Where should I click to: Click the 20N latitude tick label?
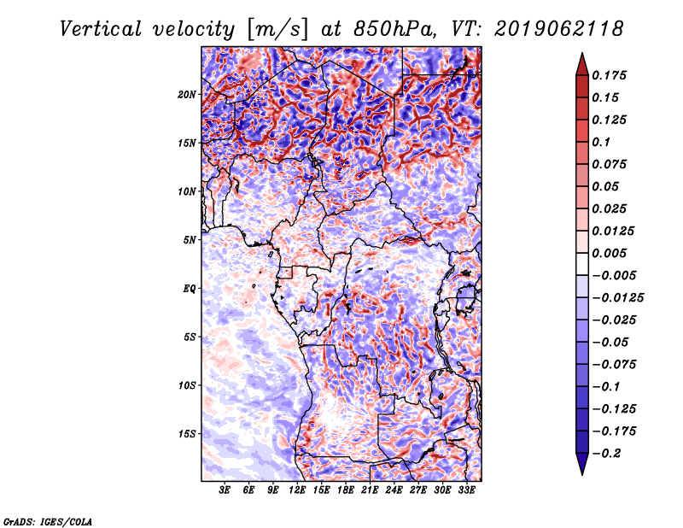[187, 95]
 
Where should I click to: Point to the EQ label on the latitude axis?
[189, 289]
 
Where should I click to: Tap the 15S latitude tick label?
[187, 434]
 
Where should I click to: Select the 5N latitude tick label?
[190, 240]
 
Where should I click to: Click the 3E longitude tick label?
[225, 490]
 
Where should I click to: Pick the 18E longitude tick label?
[346, 490]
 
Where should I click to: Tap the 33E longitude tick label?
[466, 490]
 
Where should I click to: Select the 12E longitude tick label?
[297, 490]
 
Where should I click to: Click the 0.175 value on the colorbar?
[609, 75]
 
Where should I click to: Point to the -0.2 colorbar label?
[606, 454]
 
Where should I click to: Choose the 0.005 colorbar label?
[609, 253]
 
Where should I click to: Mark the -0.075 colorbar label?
[614, 365]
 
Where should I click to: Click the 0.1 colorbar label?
[601, 142]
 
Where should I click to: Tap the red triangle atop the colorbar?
[582, 65]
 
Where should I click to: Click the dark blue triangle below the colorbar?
[582, 464]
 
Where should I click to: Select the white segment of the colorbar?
[582, 264]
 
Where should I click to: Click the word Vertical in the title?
[101, 29]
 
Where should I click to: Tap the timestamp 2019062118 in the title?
[559, 29]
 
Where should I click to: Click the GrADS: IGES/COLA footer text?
[48, 521]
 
